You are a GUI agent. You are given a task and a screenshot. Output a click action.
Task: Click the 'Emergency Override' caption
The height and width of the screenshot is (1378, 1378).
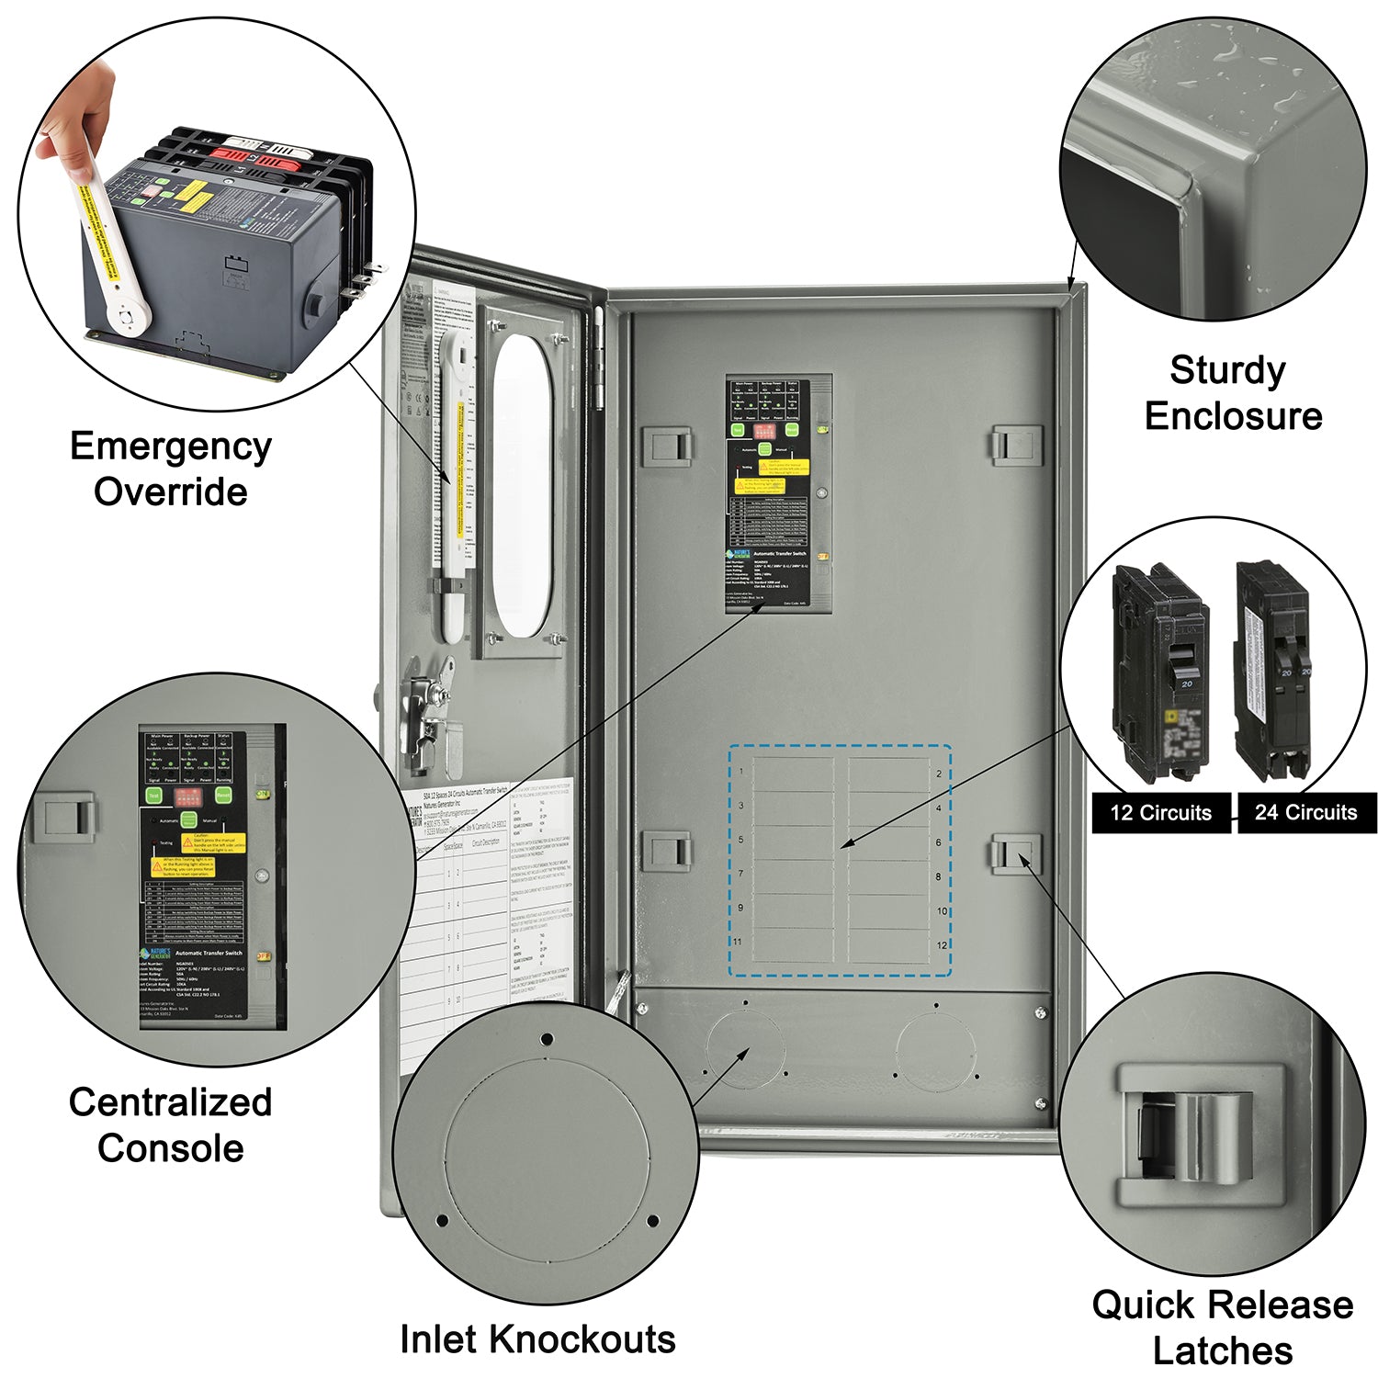[x=171, y=469]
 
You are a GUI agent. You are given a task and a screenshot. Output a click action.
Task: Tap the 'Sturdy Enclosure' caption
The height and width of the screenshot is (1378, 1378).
[x=1231, y=393]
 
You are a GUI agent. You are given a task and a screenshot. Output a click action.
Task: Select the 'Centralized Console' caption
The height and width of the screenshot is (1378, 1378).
[x=171, y=1124]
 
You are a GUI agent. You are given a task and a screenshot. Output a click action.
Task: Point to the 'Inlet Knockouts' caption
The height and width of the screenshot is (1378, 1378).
[x=537, y=1338]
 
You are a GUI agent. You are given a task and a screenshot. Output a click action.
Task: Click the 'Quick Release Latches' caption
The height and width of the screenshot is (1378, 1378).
[x=1222, y=1327]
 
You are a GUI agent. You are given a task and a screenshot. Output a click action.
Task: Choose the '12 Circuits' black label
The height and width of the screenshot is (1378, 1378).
[x=1160, y=813]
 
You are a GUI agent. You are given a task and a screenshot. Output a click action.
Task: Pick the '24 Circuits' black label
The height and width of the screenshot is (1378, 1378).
[x=1305, y=813]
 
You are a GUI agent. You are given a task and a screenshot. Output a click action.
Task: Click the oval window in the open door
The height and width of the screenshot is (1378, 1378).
[x=523, y=485]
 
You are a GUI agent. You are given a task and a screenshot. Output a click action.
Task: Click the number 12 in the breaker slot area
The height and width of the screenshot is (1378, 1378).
[x=941, y=945]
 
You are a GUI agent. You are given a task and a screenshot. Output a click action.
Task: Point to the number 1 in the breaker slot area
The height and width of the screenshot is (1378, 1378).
[x=741, y=772]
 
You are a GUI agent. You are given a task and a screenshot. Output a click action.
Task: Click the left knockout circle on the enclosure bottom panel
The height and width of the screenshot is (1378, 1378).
[x=745, y=1049]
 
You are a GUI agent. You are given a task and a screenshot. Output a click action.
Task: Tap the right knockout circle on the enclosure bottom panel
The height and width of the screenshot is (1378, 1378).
[x=935, y=1049]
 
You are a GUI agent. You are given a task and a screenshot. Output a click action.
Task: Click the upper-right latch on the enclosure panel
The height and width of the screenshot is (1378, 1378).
[x=1016, y=446]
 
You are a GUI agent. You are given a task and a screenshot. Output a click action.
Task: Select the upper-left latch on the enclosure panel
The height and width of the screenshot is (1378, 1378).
[x=668, y=446]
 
